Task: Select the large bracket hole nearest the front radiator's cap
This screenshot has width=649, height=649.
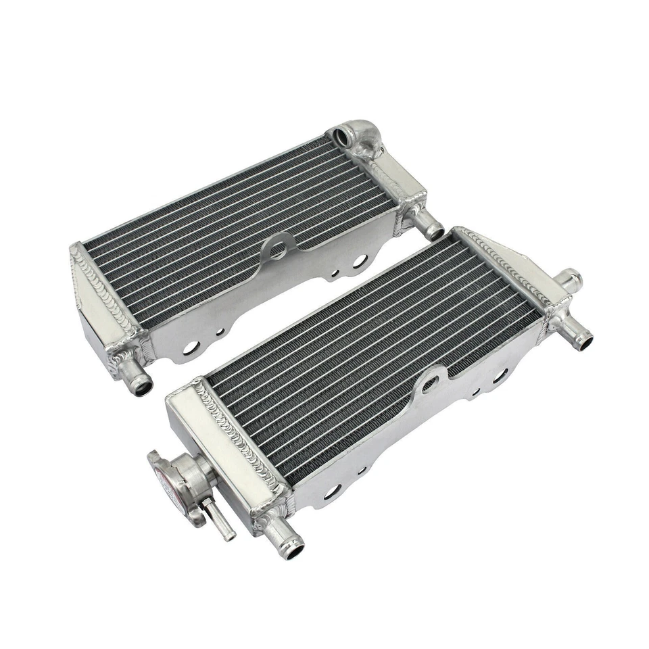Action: [332, 492]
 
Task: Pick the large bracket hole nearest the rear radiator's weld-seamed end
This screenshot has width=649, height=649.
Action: [191, 347]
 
